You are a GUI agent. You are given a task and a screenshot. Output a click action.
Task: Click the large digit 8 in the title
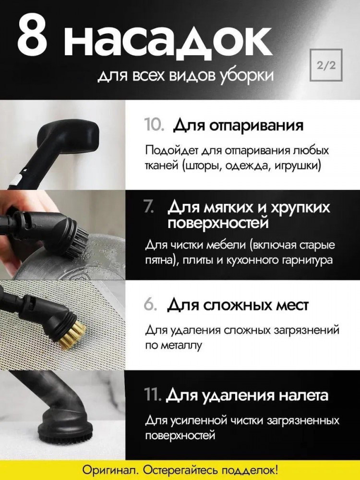[32, 36]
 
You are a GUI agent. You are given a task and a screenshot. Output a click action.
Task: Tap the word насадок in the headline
[168, 40]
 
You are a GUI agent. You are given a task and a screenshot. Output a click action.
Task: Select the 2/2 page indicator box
[326, 65]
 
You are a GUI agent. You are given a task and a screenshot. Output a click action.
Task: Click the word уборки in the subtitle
[246, 76]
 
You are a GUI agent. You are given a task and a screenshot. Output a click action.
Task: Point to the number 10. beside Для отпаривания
[154, 125]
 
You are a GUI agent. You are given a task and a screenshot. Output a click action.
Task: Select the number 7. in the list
[149, 208]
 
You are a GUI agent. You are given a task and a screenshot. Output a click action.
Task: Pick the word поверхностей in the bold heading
[218, 223]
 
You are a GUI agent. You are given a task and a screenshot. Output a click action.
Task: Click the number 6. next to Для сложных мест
[151, 305]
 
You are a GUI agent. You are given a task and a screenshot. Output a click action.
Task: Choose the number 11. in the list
[153, 395]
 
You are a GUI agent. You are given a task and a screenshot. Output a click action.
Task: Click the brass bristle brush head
[72, 335]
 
